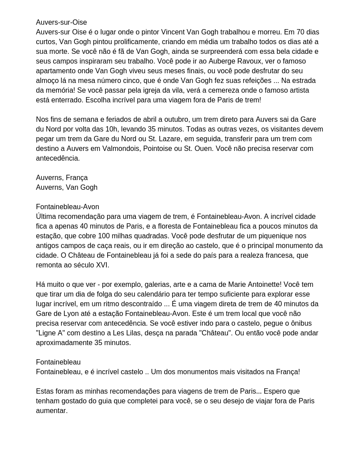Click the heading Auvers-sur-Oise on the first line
coord(61,23)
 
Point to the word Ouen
coord(204,149)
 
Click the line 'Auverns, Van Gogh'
coord(67,188)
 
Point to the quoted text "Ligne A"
coord(50,333)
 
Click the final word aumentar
coord(52,411)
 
